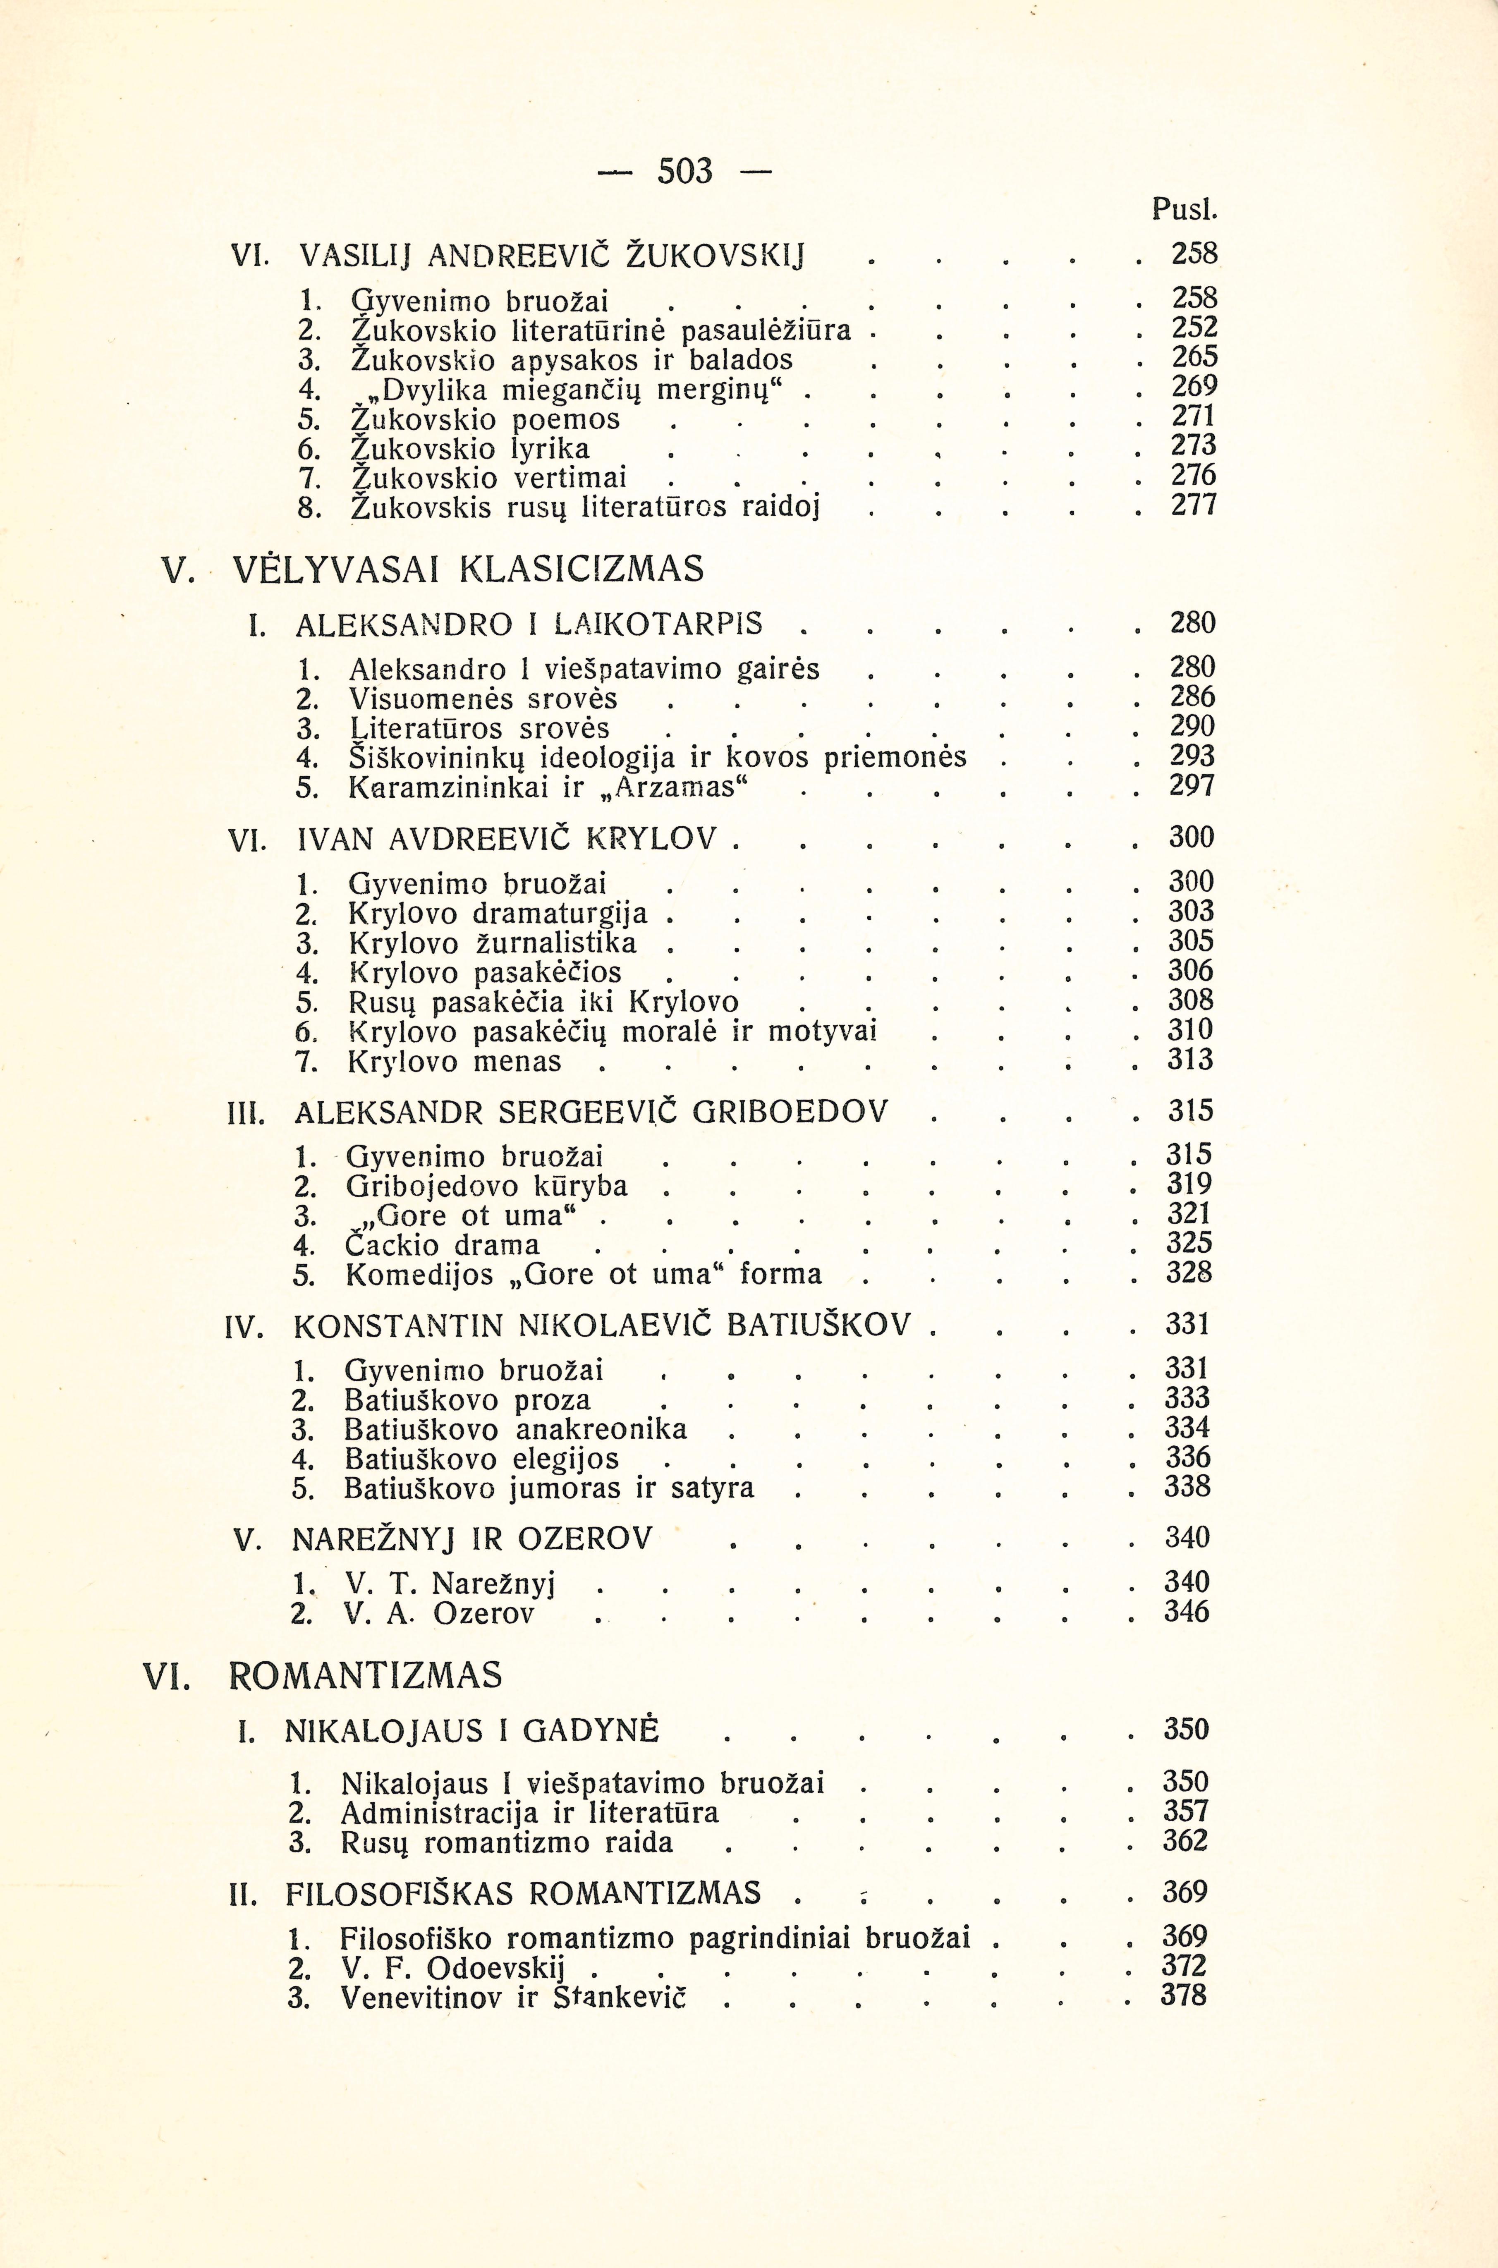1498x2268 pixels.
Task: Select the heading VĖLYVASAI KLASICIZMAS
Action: coord(468,569)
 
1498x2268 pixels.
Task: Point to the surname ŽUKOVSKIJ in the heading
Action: coord(715,256)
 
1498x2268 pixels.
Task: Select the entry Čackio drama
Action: coord(443,1245)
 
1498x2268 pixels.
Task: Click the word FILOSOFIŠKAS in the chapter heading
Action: coord(401,1893)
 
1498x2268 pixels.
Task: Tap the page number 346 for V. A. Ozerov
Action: coord(1187,1612)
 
